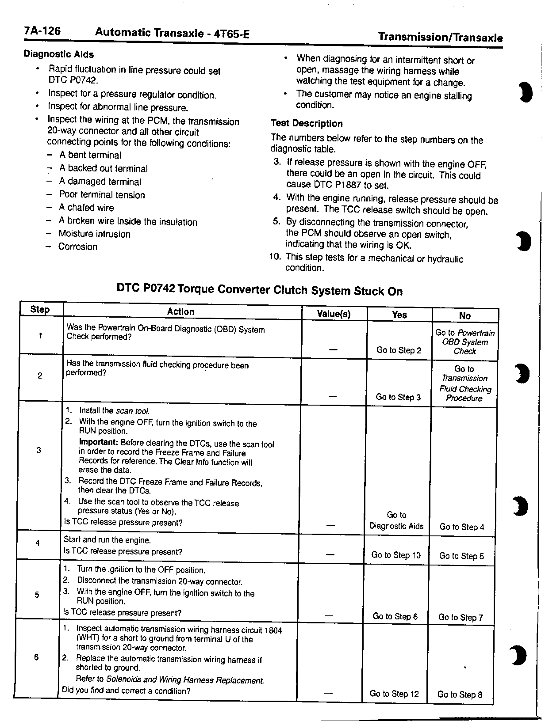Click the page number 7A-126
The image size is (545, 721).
[x=42, y=31]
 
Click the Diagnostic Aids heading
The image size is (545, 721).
[x=58, y=54]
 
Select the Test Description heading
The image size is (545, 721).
[x=307, y=124]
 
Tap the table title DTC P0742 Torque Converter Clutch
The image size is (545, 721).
[x=260, y=290]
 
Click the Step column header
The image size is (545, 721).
[x=40, y=309]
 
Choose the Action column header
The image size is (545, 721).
[x=180, y=311]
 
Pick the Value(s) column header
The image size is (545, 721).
[x=334, y=314]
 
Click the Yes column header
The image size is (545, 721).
[x=399, y=315]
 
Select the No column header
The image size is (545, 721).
[x=464, y=315]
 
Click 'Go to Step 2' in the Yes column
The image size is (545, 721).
[x=399, y=350]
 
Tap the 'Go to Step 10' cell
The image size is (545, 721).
[x=396, y=555]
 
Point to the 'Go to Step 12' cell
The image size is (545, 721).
[x=394, y=694]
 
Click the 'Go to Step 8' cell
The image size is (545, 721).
[x=460, y=694]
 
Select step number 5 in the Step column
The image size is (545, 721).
[x=37, y=595]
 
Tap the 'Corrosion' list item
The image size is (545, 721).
[x=77, y=247]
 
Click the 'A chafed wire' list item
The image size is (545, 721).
[x=86, y=208]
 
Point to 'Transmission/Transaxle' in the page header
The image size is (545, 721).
[x=440, y=38]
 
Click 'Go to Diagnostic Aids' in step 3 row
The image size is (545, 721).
[x=396, y=520]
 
